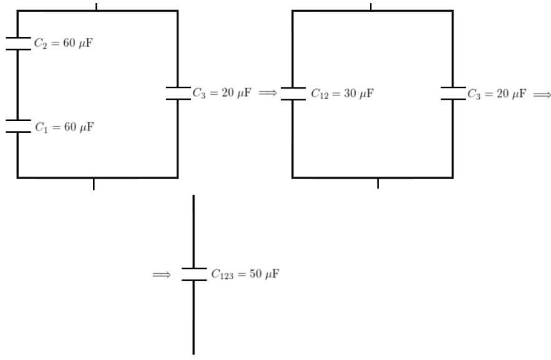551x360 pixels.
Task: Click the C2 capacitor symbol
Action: click(x=18, y=44)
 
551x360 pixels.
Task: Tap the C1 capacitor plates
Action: click(x=18, y=127)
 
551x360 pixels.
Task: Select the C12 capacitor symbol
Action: click(x=293, y=94)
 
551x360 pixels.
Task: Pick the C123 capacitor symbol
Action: click(x=194, y=275)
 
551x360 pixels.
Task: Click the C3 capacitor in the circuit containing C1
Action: click(x=178, y=94)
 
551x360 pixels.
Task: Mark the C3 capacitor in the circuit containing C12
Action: click(x=453, y=94)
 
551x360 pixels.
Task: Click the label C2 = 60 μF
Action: click(x=64, y=43)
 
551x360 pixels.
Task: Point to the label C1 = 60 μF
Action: click(x=64, y=127)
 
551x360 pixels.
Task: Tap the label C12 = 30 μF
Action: click(x=342, y=94)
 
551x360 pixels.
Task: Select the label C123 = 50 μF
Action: click(x=245, y=274)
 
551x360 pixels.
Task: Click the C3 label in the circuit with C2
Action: click(x=222, y=93)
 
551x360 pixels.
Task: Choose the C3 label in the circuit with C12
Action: click(x=497, y=94)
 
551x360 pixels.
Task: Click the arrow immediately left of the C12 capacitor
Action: click(x=268, y=93)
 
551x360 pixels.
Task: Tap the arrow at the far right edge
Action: click(x=542, y=94)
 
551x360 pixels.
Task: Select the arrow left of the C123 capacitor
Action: click(x=162, y=275)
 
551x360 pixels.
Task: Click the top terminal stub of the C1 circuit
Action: click(x=96, y=7)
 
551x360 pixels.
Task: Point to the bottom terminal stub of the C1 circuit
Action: click(x=94, y=184)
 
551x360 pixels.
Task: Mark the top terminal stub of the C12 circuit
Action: click(x=371, y=7)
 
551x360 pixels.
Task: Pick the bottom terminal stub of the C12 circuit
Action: click(x=378, y=183)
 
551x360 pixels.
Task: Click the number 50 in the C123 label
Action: click(x=255, y=273)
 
